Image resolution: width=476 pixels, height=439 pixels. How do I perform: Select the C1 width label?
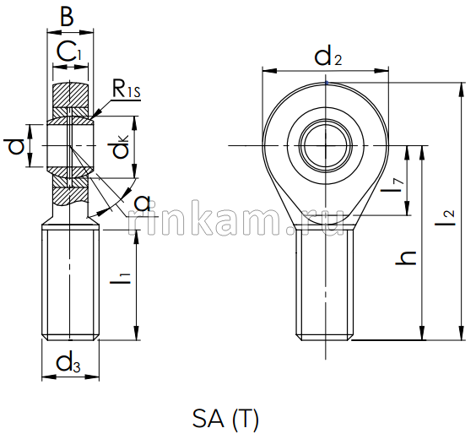coord(70,52)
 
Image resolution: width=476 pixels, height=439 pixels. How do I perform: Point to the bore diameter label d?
coord(15,147)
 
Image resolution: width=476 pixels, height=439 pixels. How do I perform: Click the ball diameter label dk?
coord(122,148)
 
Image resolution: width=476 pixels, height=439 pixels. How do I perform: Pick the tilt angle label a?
coord(142,203)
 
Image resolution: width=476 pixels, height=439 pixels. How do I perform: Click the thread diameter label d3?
coord(69,365)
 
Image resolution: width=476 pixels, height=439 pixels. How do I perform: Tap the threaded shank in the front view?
coord(325,283)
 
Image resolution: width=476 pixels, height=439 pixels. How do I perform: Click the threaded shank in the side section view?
coord(71,283)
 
